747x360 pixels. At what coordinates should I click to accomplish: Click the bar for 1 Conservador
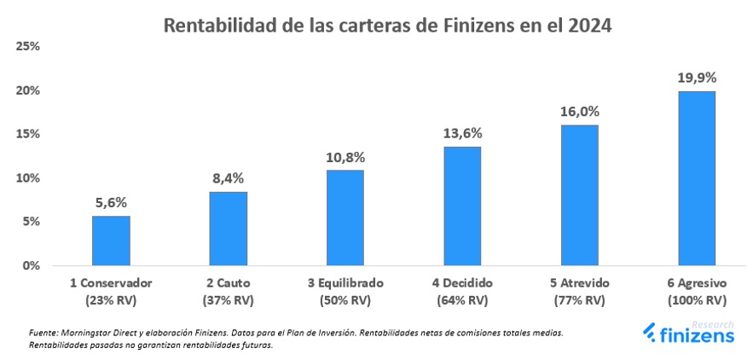tap(111, 241)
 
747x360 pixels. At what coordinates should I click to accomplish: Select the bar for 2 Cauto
tap(228, 229)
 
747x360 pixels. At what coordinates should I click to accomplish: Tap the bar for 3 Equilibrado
tap(345, 218)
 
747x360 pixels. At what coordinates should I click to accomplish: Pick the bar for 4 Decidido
tap(462, 206)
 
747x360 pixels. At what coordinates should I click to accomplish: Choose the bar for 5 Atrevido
tap(579, 195)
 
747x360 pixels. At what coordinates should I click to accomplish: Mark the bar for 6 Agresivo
tap(697, 178)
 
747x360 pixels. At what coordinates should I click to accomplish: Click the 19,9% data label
tap(697, 78)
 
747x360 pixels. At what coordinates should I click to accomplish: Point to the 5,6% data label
tap(111, 203)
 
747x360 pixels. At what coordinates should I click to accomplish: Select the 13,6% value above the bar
tap(462, 133)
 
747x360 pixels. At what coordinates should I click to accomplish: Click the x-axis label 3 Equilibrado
tap(345, 283)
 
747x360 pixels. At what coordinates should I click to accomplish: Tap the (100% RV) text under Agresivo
tap(697, 299)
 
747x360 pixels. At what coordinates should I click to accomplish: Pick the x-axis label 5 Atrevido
tap(579, 283)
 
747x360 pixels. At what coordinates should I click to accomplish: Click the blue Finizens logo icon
tap(649, 334)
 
